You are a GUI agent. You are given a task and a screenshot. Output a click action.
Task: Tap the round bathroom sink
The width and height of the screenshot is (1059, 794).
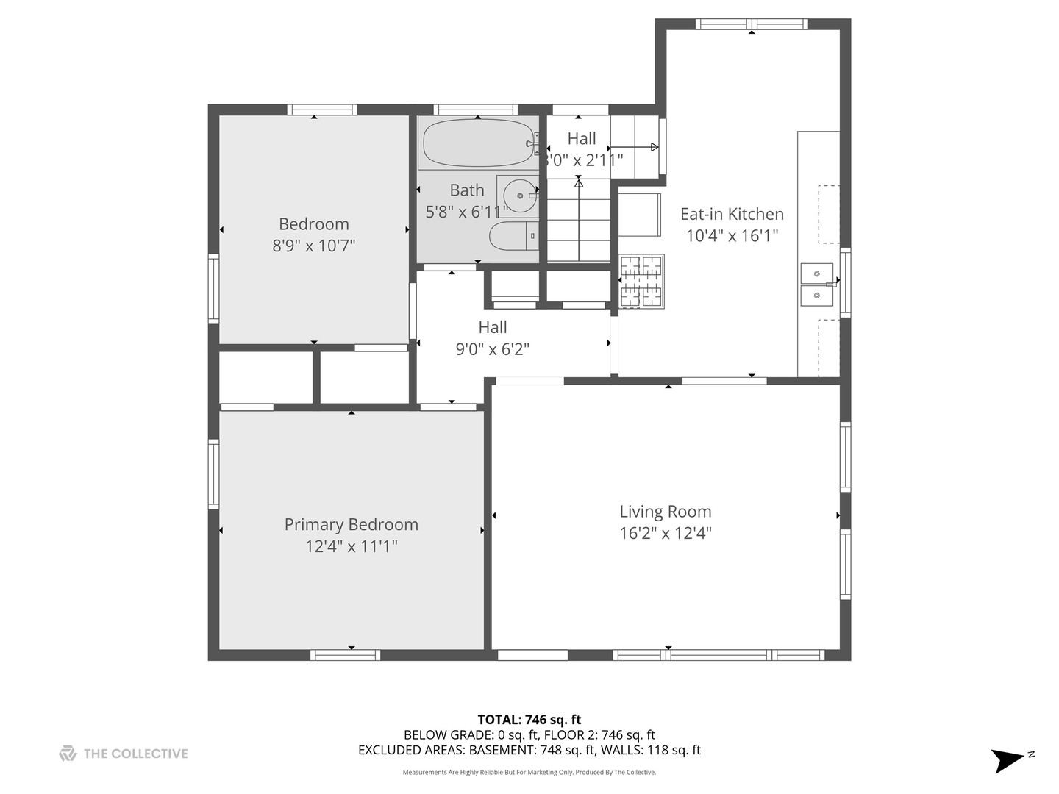coord(520,196)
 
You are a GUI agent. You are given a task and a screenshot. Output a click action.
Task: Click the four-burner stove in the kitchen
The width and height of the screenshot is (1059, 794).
coord(642,281)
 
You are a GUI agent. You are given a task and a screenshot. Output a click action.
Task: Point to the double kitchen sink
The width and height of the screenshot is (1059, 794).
coord(816,285)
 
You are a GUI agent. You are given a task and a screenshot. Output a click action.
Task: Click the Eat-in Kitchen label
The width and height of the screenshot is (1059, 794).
coord(732,214)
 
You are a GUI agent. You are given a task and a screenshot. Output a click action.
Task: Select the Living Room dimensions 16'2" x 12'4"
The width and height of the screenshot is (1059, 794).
coord(666,533)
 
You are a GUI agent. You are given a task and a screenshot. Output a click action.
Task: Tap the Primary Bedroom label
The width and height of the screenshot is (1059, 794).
coord(351,524)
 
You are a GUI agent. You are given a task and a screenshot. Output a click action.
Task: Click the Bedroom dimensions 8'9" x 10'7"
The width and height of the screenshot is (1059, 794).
coord(314,246)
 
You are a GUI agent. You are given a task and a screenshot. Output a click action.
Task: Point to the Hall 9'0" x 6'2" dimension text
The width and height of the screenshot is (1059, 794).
coord(493,349)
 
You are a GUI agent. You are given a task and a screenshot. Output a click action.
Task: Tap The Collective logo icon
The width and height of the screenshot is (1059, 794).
coord(68,754)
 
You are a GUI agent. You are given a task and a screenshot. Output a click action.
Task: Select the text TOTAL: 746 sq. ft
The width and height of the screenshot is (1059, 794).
coord(529,720)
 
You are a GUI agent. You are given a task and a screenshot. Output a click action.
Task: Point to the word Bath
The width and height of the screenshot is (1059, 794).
coord(467,190)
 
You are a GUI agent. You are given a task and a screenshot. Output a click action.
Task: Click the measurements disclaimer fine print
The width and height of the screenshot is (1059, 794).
coord(529,772)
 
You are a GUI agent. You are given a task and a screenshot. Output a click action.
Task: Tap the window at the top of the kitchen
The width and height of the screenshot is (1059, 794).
coord(752,24)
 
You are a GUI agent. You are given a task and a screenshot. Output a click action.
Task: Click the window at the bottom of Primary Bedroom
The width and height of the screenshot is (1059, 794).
coord(345,654)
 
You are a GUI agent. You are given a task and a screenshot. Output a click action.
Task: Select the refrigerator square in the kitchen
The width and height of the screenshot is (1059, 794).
coord(638,214)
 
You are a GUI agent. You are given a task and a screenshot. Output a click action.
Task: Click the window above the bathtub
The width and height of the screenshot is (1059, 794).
coord(477,110)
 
